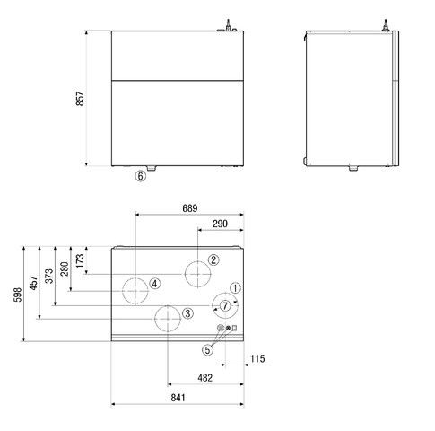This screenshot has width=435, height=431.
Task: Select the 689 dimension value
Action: point(188,207)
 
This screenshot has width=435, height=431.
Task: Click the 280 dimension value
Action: point(64,268)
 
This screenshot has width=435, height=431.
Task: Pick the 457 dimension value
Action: point(32,283)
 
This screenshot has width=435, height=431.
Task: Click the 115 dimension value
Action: point(257,359)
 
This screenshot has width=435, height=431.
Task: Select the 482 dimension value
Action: point(204,378)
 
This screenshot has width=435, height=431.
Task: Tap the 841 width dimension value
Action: point(178,398)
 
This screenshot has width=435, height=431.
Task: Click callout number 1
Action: point(234,288)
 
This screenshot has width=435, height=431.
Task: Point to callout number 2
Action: point(213,260)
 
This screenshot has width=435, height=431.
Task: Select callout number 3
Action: point(187,313)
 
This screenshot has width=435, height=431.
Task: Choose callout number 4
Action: point(155,284)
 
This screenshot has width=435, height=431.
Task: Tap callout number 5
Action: point(207,349)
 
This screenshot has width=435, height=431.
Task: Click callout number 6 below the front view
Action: point(140,177)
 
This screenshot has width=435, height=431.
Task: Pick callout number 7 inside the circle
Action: point(224,305)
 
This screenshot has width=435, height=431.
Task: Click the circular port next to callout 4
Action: point(135,290)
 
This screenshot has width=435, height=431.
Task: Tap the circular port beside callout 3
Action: point(168,318)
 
